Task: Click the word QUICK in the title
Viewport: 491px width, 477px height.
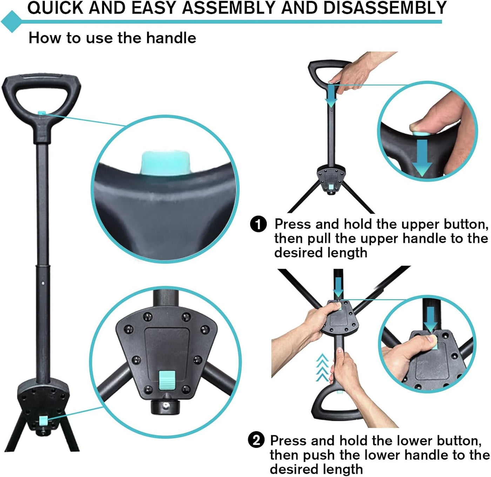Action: (55, 8)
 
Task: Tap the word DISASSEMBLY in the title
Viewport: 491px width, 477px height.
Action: (385, 8)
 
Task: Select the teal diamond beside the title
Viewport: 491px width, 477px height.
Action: (12, 22)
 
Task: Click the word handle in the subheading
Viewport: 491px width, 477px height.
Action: (171, 38)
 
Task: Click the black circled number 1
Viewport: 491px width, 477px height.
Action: (258, 224)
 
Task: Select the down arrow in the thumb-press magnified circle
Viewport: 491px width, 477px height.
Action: (422, 158)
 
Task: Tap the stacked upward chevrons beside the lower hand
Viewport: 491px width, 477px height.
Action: (322, 367)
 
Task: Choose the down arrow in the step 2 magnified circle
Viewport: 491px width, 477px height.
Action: (430, 319)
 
